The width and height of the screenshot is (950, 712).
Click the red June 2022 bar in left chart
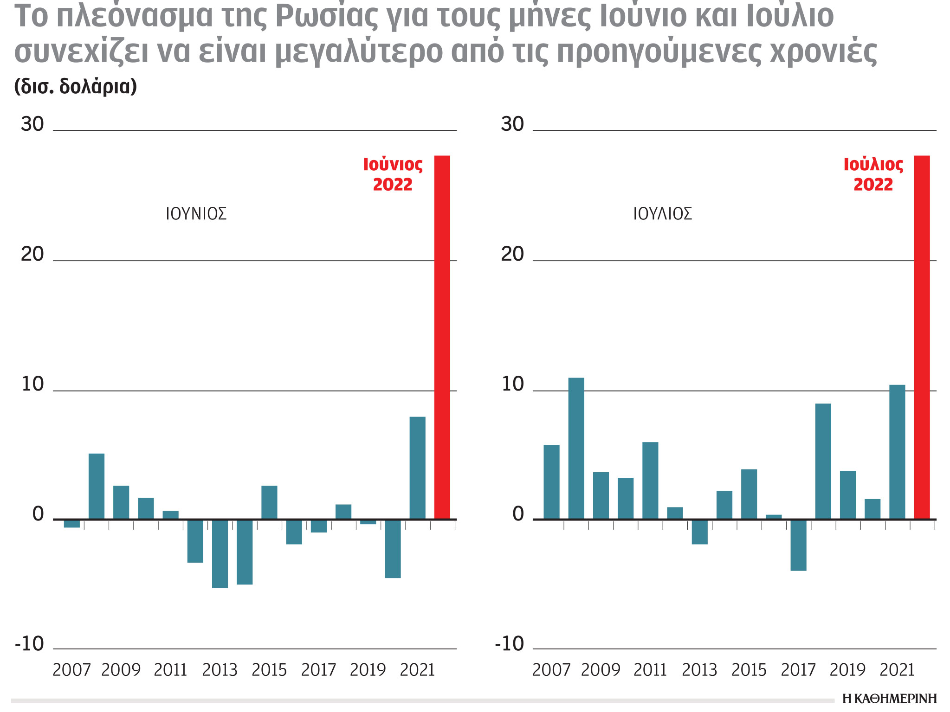click(x=442, y=337)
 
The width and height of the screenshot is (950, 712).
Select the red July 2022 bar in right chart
click(x=922, y=337)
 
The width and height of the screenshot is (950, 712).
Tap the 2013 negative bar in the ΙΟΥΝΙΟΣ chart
click(x=220, y=553)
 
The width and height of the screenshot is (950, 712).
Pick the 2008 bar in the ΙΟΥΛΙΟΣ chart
click(x=576, y=448)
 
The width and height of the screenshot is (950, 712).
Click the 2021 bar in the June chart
click(x=417, y=468)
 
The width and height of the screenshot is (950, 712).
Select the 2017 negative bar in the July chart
click(x=798, y=545)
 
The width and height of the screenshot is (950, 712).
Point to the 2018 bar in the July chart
click(x=823, y=461)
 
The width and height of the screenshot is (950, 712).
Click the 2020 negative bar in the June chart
click(x=393, y=548)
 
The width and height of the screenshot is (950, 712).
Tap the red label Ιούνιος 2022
click(x=393, y=175)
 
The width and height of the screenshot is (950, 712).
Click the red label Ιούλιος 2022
click(x=873, y=175)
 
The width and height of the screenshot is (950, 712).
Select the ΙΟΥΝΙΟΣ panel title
click(x=196, y=214)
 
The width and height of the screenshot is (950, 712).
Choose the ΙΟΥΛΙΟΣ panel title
click(x=662, y=214)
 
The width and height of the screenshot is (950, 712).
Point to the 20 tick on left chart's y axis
click(x=32, y=254)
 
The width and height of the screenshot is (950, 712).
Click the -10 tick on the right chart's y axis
click(x=509, y=644)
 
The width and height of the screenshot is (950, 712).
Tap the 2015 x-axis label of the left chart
click(x=269, y=670)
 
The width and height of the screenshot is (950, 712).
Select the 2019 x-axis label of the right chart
click(x=847, y=670)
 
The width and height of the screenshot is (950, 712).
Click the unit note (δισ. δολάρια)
click(x=76, y=86)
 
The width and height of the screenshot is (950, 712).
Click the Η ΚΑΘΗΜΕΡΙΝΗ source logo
click(x=889, y=699)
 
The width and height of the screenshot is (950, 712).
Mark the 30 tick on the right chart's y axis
click(x=512, y=124)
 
